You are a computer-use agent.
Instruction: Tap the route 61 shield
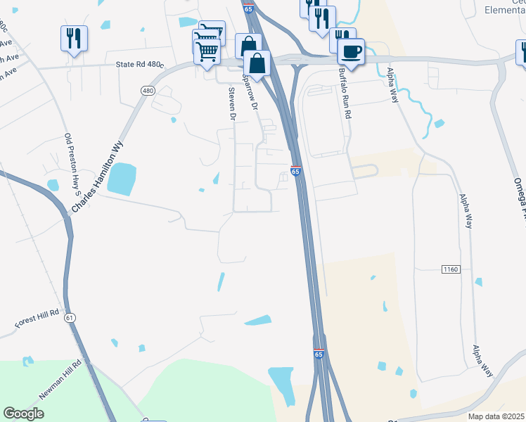[69, 318]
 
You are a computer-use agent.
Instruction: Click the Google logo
[24, 413]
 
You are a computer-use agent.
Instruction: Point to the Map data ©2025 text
[495, 416]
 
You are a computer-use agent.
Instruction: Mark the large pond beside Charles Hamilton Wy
[121, 179]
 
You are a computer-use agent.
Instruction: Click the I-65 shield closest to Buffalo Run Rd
[296, 171]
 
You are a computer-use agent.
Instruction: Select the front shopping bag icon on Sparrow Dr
[258, 63]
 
